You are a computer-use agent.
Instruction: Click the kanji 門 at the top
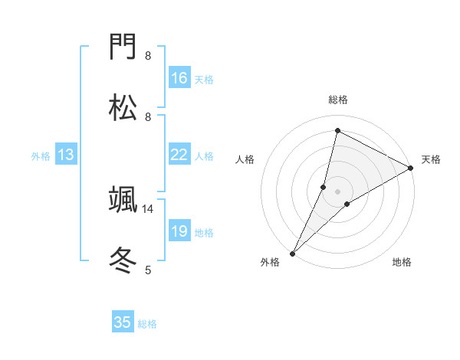point(123,49)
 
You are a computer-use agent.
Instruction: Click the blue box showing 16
point(179,78)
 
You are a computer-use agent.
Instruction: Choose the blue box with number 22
point(179,155)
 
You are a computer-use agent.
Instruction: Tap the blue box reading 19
point(179,232)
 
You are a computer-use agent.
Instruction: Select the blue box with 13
point(66,155)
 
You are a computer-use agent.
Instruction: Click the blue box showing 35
point(123,322)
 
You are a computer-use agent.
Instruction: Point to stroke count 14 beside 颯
point(148,208)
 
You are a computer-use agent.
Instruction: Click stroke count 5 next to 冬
point(148,269)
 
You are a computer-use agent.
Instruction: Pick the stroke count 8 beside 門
point(148,56)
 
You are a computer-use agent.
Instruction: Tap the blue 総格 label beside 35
point(148,324)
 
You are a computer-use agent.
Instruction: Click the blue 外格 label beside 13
point(41,156)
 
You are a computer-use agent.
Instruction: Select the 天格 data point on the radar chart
point(411,169)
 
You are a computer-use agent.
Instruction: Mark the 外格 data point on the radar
point(293,253)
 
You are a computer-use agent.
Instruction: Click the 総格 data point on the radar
point(337,131)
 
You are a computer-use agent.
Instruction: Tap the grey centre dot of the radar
point(337,191)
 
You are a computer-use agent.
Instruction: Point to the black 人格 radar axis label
point(245,159)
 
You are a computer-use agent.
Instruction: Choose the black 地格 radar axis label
point(402,263)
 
